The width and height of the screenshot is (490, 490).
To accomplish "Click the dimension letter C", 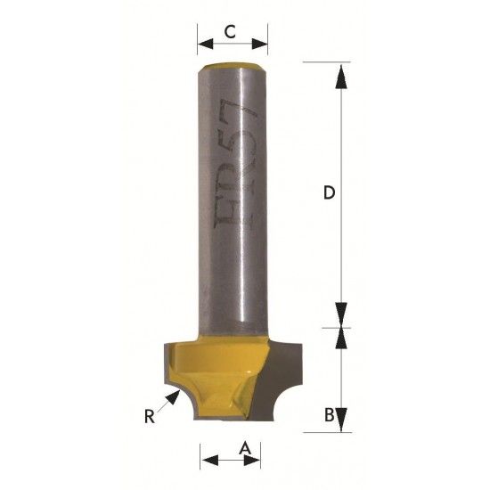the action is click(x=231, y=31).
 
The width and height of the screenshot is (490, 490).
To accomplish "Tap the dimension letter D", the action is click(x=329, y=192).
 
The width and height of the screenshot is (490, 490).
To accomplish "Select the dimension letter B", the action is click(x=330, y=414).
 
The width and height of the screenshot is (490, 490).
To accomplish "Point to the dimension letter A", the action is click(x=245, y=448).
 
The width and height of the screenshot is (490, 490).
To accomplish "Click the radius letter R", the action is click(x=150, y=416).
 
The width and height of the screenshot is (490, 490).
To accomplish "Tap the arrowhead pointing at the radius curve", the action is click(x=173, y=396).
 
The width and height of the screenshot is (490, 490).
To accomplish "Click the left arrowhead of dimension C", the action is click(x=205, y=44).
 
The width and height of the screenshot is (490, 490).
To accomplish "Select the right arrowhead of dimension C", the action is click(x=259, y=44).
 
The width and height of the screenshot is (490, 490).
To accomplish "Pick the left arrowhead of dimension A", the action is click(x=210, y=460).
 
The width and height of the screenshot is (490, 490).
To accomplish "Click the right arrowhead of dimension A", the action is click(x=252, y=460).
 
